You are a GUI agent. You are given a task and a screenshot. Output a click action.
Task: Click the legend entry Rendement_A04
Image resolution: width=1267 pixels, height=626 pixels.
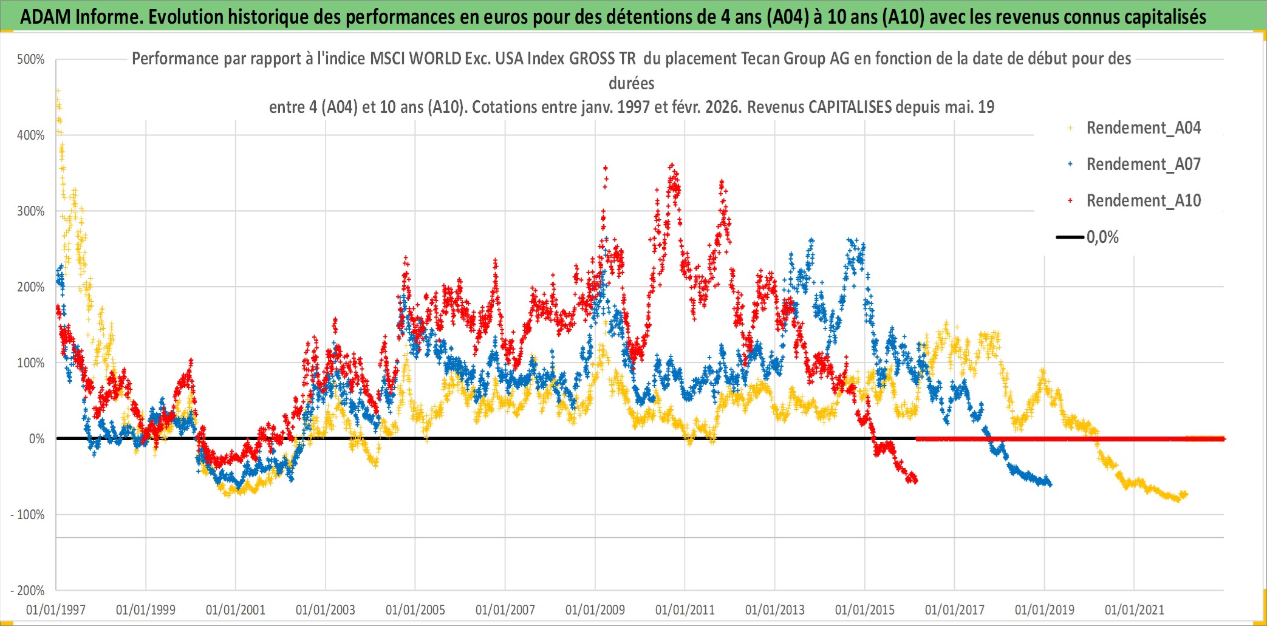click(x=1143, y=128)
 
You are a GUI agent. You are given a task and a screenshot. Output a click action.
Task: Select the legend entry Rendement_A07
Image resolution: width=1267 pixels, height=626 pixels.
click(x=1143, y=165)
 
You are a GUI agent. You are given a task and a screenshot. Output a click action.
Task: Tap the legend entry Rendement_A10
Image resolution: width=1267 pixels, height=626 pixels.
click(x=1143, y=201)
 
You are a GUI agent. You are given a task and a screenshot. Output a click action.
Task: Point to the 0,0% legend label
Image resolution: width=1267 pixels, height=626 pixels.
click(x=1102, y=237)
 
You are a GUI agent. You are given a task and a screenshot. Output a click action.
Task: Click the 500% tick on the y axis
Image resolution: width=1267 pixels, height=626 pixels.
click(x=31, y=60)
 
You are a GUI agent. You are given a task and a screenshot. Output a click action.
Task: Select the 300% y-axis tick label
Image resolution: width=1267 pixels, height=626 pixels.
click(x=31, y=211)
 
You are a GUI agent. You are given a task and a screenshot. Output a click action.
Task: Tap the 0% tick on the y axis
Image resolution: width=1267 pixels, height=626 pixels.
click(x=36, y=439)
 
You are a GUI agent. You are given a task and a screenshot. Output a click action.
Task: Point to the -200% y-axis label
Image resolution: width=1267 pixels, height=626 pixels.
click(x=28, y=590)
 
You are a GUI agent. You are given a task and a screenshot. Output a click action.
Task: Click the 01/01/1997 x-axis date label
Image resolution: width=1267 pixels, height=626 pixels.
click(x=56, y=610)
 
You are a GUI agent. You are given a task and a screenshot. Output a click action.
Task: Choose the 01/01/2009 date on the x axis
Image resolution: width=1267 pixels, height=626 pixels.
click(x=595, y=610)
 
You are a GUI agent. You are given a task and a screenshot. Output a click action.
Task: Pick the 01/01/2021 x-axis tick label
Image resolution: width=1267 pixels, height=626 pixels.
click(x=1134, y=610)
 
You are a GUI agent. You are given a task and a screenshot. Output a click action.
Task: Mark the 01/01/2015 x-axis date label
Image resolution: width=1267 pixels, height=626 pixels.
click(x=865, y=610)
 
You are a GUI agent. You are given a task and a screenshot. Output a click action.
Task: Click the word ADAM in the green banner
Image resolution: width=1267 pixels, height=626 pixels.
click(x=46, y=17)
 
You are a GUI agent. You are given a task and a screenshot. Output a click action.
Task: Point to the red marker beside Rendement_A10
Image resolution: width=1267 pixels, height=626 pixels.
click(x=1070, y=200)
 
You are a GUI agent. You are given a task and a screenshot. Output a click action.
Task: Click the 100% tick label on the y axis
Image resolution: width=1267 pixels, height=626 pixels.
click(x=31, y=363)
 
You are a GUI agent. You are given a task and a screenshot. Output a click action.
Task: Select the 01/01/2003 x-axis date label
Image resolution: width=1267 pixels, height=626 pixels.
click(x=326, y=610)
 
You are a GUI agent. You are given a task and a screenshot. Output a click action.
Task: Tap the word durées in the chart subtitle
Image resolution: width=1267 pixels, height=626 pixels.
click(x=632, y=83)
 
